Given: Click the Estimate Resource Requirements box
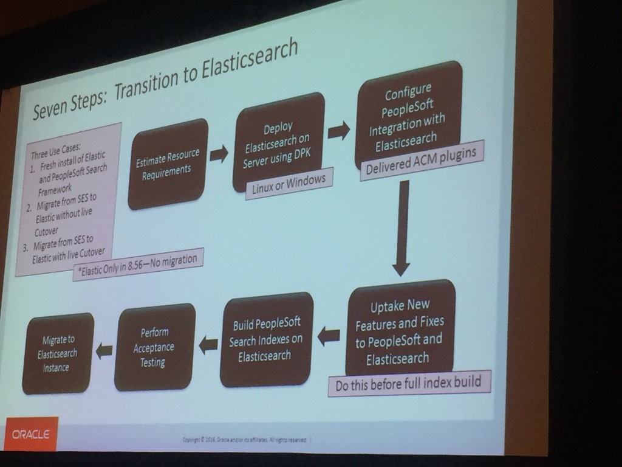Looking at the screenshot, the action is click(168, 164).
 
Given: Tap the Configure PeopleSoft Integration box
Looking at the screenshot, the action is click(408, 115).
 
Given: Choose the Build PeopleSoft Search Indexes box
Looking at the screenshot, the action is click(266, 340).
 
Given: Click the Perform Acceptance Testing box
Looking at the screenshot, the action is click(154, 347).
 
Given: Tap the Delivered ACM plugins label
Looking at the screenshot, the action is click(422, 161).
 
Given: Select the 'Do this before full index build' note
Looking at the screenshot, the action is click(408, 383).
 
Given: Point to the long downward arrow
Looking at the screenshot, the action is click(401, 228).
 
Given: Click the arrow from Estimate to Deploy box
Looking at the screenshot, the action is click(219, 154).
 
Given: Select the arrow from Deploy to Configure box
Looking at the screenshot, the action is click(338, 130).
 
